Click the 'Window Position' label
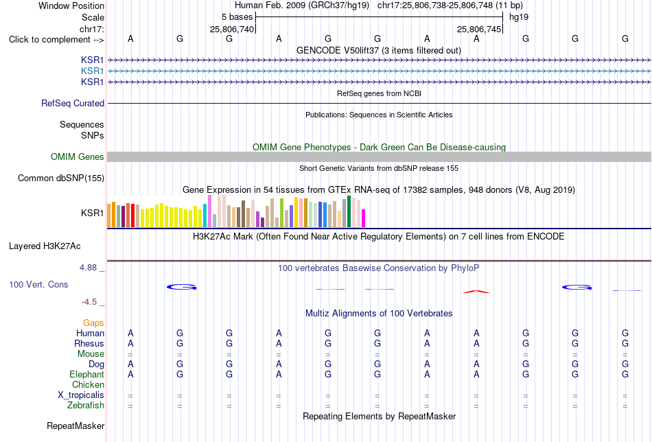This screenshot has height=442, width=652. (71, 5)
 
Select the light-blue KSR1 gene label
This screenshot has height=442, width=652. (93, 71)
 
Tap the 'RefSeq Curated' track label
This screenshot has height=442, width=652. (73, 103)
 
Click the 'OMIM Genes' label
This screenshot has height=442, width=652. (78, 156)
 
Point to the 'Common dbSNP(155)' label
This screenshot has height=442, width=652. (61, 178)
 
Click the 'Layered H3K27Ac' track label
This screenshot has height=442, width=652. (45, 246)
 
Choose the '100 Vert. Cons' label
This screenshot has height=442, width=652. (38, 284)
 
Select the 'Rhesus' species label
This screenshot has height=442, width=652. (89, 343)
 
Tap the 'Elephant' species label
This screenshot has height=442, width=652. (86, 375)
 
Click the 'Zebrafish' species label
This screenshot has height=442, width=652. (86, 406)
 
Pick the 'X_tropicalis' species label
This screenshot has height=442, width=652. (81, 395)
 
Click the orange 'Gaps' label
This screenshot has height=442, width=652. (93, 323)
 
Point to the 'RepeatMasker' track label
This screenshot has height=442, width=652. (75, 426)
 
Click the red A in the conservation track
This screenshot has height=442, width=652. (476, 292)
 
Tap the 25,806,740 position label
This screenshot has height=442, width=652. (231, 29)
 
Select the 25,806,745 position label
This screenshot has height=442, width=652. (478, 29)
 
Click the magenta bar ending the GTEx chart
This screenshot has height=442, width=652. (364, 218)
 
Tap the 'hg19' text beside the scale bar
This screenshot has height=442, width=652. (519, 17)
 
